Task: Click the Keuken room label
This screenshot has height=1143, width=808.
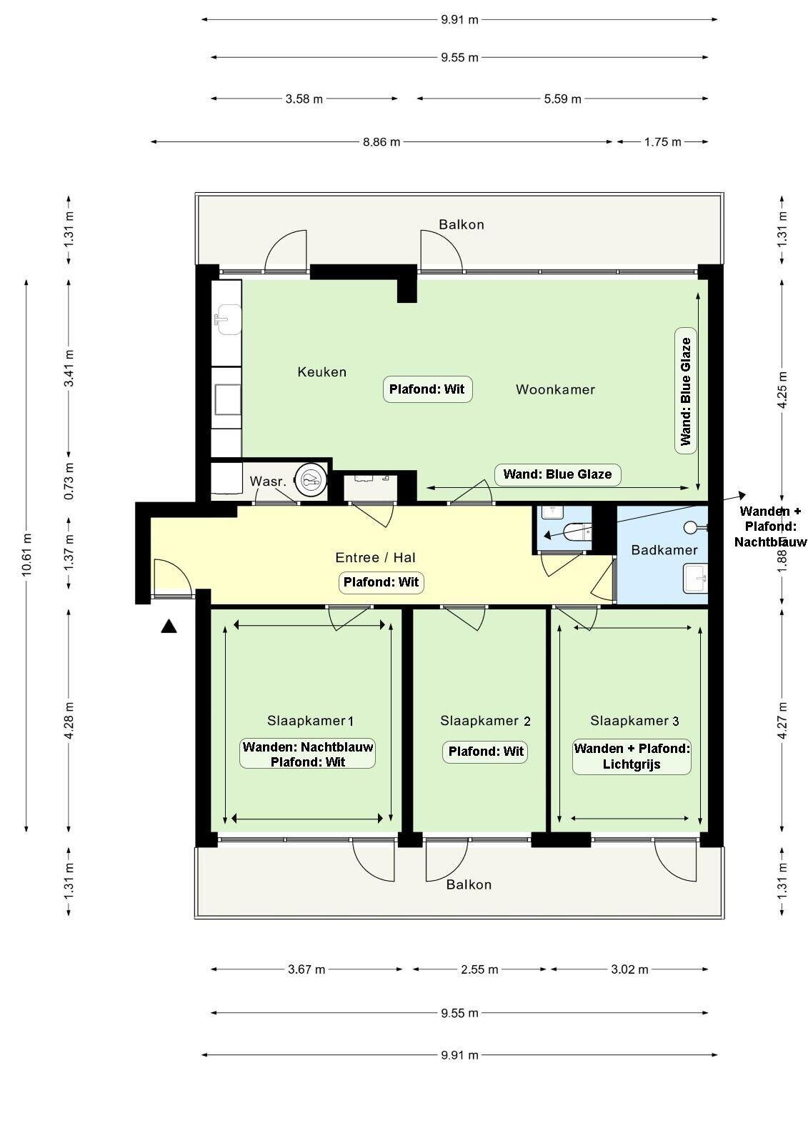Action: coord(321,372)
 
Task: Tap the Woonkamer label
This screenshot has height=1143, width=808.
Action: coord(555,390)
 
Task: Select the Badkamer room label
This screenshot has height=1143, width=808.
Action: coord(664,550)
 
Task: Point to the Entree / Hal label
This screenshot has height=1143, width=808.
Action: coord(375,558)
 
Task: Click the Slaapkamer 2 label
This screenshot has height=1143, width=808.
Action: coord(485,721)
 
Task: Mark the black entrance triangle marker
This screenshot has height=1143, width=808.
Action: coord(169,627)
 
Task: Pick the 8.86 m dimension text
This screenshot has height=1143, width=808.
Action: coord(381,142)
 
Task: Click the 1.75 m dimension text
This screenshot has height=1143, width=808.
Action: coord(662,142)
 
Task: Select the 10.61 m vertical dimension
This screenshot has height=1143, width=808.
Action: coord(26,554)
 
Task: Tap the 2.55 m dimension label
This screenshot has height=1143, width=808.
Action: coord(479,969)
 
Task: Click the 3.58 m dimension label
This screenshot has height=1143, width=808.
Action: coord(304,99)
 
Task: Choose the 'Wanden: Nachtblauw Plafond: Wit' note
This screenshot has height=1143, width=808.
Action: coord(308,754)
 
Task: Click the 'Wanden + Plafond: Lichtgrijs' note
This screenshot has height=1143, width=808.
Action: coord(632,757)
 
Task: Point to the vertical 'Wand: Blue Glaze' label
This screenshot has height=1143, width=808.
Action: coord(686,391)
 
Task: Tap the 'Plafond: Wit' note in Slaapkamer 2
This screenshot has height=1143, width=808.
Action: coord(485,752)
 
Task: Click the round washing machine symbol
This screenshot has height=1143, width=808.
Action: coord(310,479)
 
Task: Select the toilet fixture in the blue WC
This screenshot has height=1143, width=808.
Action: coord(577,531)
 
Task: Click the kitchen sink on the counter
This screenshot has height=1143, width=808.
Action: coord(227,319)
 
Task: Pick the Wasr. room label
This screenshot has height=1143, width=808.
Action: coord(267,481)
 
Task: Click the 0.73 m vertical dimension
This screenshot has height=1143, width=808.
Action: coord(69,481)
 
